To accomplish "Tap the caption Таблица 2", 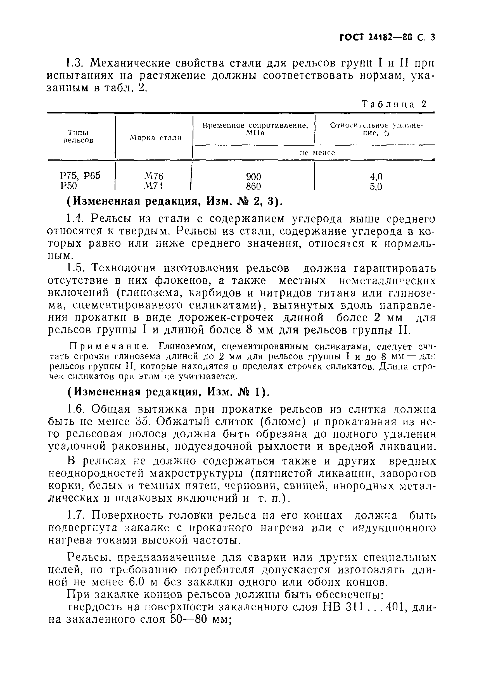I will pyautogui.click(x=394, y=104).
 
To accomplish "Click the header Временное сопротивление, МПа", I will pyautogui.click(x=255, y=129).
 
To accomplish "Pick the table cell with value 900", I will pyautogui.click(x=253, y=177).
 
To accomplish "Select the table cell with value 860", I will pyautogui.click(x=253, y=187).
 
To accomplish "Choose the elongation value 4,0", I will pyautogui.click(x=376, y=177).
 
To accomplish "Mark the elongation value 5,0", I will pyautogui.click(x=376, y=187).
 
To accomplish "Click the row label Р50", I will pyautogui.click(x=68, y=186).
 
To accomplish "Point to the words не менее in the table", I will pyautogui.click(x=317, y=153).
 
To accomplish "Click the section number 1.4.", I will pyautogui.click(x=76, y=219).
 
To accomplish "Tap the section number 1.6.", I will pyautogui.click(x=76, y=409).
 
